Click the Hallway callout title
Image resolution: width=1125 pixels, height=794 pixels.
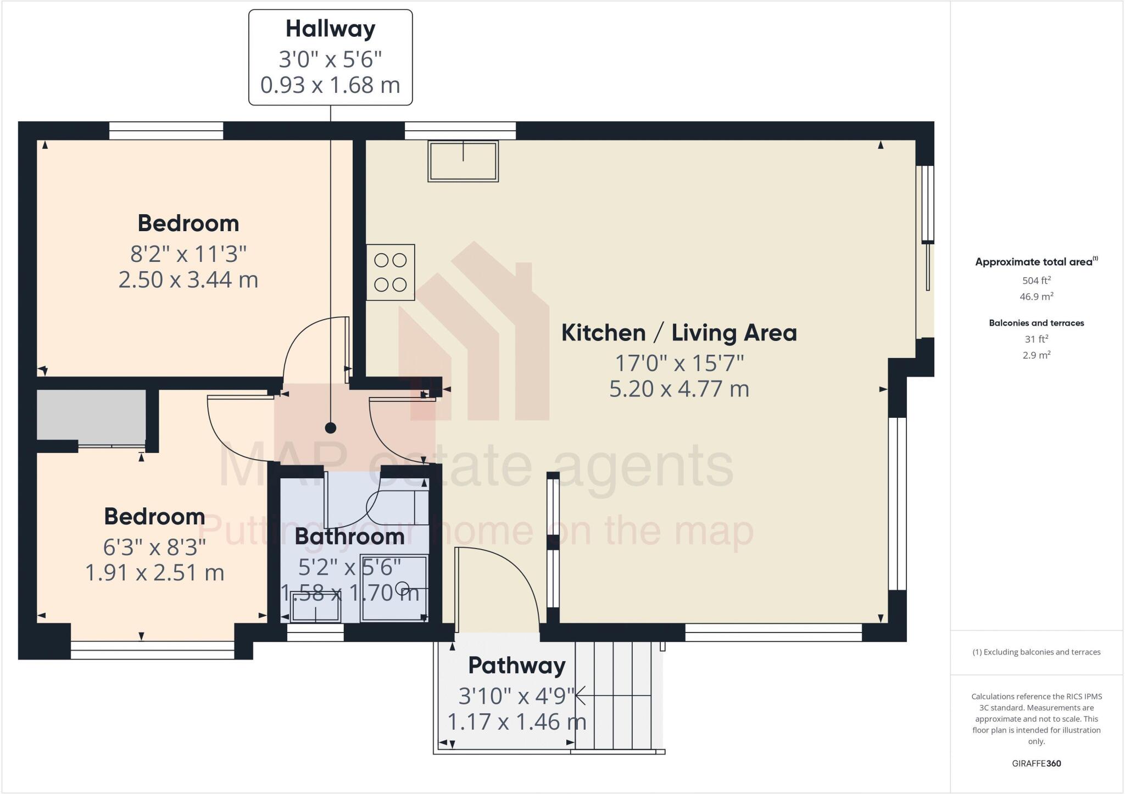[x=330, y=29]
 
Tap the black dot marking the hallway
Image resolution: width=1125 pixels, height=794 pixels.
[x=330, y=428]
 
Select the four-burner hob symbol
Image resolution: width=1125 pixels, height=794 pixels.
[x=391, y=272]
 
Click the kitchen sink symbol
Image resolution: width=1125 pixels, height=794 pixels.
[x=463, y=161]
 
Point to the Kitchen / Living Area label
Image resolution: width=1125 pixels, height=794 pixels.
[x=679, y=333]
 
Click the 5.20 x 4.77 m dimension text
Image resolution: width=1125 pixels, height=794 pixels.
[x=679, y=389]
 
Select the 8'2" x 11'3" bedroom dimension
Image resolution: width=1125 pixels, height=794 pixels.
[x=188, y=254]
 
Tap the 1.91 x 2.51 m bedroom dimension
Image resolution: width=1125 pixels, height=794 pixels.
[x=154, y=573]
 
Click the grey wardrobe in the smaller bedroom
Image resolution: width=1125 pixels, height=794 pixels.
[x=91, y=415]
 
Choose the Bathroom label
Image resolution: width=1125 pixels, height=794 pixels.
[x=349, y=536]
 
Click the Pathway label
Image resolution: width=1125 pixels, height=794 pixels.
[x=516, y=666]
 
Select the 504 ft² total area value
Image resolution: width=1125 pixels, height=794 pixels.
[x=1036, y=281]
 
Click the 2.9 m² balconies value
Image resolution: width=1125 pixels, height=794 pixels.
[x=1036, y=355]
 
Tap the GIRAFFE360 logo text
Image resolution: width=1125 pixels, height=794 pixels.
[x=1036, y=763]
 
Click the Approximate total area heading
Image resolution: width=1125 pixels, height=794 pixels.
[x=1036, y=262]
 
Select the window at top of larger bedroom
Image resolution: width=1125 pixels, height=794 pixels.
[x=166, y=131]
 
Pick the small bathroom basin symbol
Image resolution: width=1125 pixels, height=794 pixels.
[x=315, y=607]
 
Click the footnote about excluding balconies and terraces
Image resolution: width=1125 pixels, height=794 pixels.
[x=1036, y=652]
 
